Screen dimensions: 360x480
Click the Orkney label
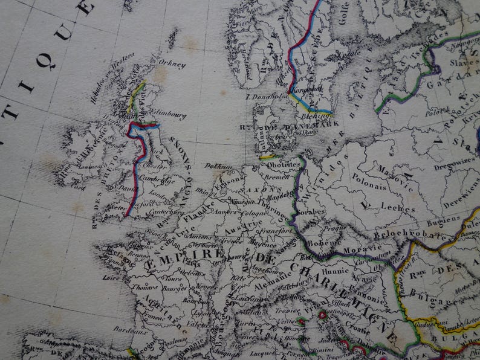(x=172, y=63)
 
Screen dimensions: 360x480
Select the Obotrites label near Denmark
(x=283, y=164)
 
